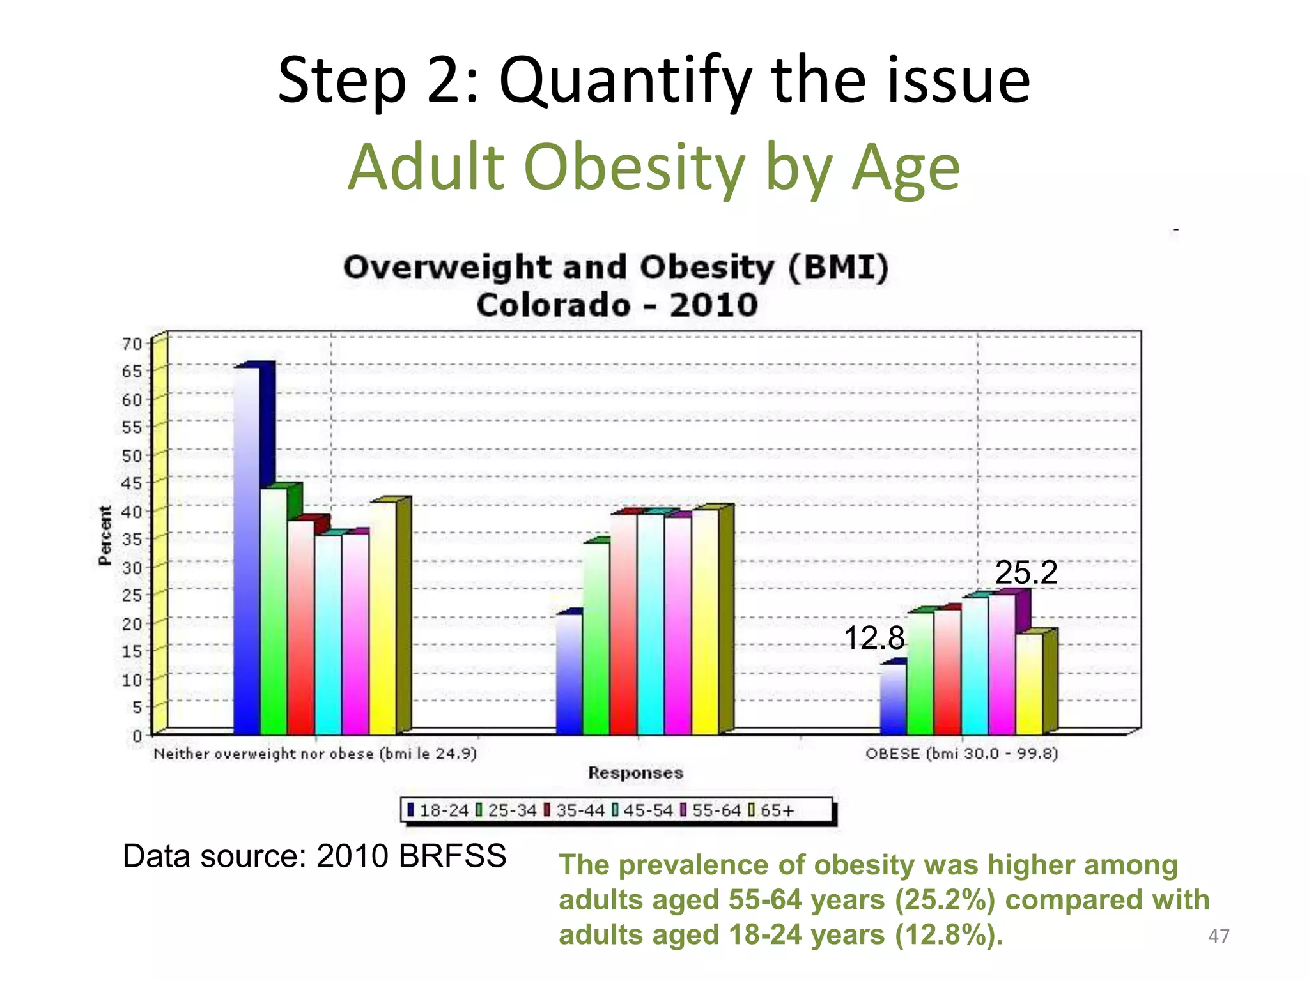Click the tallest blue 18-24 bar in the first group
pyautogui.click(x=247, y=549)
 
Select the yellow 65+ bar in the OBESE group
pyautogui.click(x=1029, y=683)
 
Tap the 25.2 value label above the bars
pyautogui.click(x=1026, y=572)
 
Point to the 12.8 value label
pyautogui.click(x=874, y=638)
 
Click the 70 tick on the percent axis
pyautogui.click(x=132, y=344)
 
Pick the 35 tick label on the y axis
pyautogui.click(x=132, y=540)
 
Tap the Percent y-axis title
pyautogui.click(x=105, y=535)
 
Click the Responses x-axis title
pyautogui.click(x=635, y=773)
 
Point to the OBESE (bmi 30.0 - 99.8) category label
pyautogui.click(x=961, y=754)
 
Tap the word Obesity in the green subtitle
pyautogui.click(x=633, y=167)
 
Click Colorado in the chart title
pyautogui.click(x=553, y=305)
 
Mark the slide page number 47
pyautogui.click(x=1218, y=936)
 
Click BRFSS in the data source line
pyautogui.click(x=452, y=856)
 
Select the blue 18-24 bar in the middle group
pyautogui.click(x=569, y=674)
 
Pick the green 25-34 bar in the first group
pyautogui.click(x=274, y=610)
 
